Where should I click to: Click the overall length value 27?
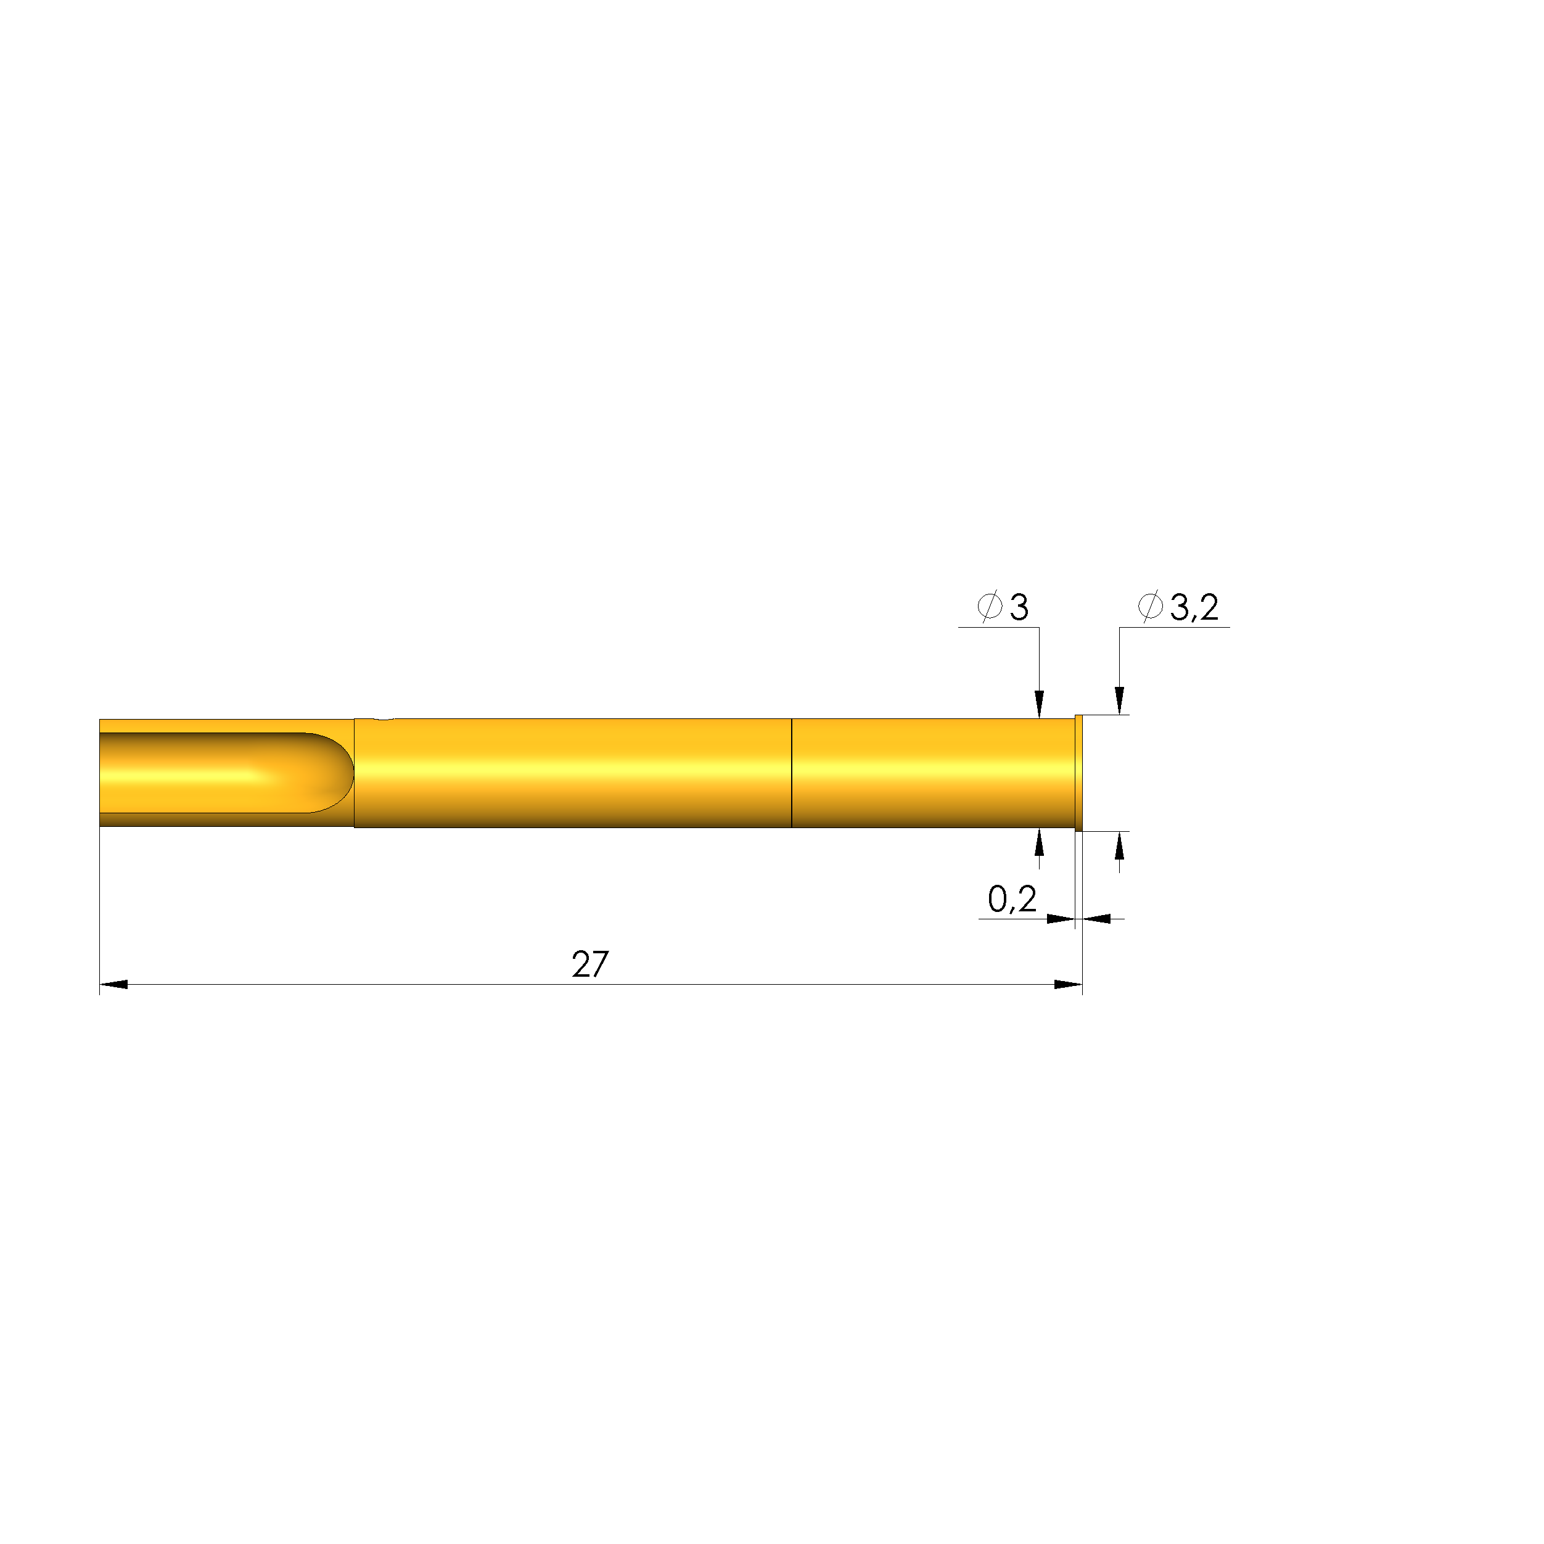coord(591,964)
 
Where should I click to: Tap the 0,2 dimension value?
coord(1012,900)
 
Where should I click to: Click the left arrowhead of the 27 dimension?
coord(113,985)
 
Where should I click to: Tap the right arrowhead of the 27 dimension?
coord(1068,985)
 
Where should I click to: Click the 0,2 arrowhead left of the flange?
coord(1061,919)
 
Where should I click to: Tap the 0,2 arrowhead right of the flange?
coord(1098,919)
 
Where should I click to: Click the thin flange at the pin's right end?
coord(1079,773)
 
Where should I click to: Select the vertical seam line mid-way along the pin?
coord(791,773)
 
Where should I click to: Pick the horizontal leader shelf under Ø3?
coord(998,627)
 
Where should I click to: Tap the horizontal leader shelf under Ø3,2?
coord(1174,627)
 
